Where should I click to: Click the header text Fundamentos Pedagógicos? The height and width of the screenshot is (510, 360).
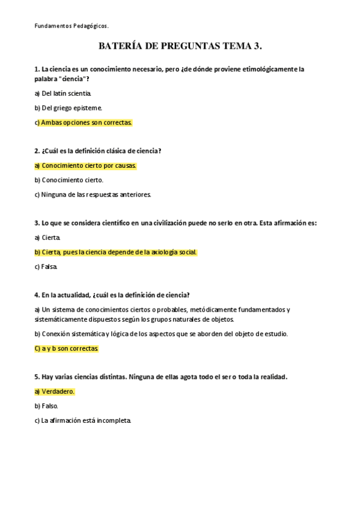72,26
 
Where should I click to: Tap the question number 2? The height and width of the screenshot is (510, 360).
37,150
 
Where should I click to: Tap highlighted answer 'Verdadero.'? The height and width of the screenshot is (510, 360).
58,391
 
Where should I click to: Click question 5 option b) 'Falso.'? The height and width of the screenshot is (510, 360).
50,406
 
